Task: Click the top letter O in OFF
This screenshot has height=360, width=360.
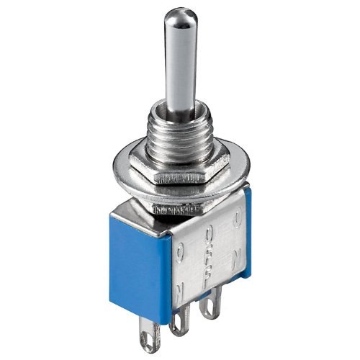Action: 210,235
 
